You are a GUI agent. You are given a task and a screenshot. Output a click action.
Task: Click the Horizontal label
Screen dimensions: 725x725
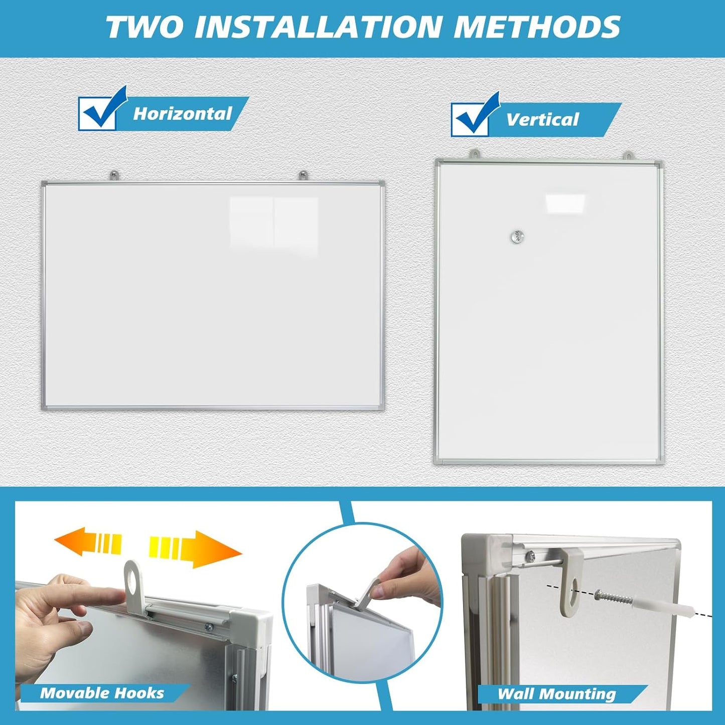tap(183, 114)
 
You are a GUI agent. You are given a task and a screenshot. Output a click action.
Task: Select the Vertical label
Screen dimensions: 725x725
tap(542, 120)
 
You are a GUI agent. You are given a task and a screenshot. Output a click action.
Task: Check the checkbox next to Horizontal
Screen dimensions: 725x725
tap(98, 113)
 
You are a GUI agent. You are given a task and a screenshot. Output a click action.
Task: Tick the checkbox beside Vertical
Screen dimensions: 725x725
tap(471, 119)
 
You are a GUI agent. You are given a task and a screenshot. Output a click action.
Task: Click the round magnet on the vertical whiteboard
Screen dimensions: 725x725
tap(517, 236)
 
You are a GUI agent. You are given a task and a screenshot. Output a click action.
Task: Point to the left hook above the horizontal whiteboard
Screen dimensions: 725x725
tap(115, 176)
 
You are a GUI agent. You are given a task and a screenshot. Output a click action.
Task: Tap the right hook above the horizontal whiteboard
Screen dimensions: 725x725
tap(303, 176)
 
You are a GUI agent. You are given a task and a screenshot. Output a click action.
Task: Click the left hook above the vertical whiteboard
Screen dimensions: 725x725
tap(474, 155)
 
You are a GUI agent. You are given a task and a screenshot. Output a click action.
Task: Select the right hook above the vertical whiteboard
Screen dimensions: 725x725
tap(628, 155)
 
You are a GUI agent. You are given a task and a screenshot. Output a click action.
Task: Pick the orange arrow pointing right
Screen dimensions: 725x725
tap(196, 548)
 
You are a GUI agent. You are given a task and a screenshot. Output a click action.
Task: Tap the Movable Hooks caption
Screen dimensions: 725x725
tap(102, 693)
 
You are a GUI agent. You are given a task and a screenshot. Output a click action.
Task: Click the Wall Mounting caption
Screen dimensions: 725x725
tap(556, 694)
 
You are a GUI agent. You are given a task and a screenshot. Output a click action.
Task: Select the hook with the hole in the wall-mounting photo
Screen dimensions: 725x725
tap(572, 582)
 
